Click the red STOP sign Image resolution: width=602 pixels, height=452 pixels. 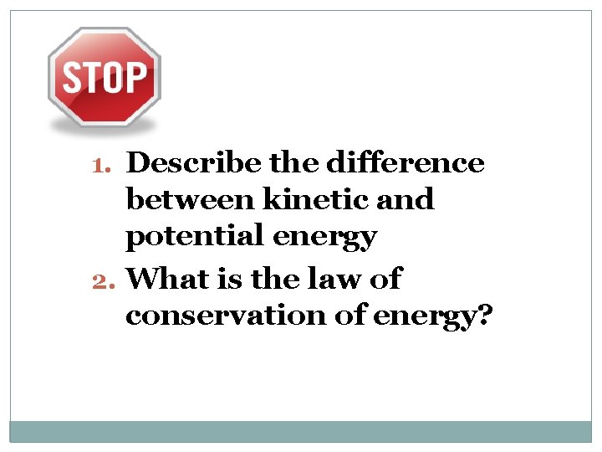coord(105,78)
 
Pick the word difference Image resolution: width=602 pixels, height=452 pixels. coord(405,162)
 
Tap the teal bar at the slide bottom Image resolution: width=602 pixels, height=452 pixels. coord(301,431)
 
